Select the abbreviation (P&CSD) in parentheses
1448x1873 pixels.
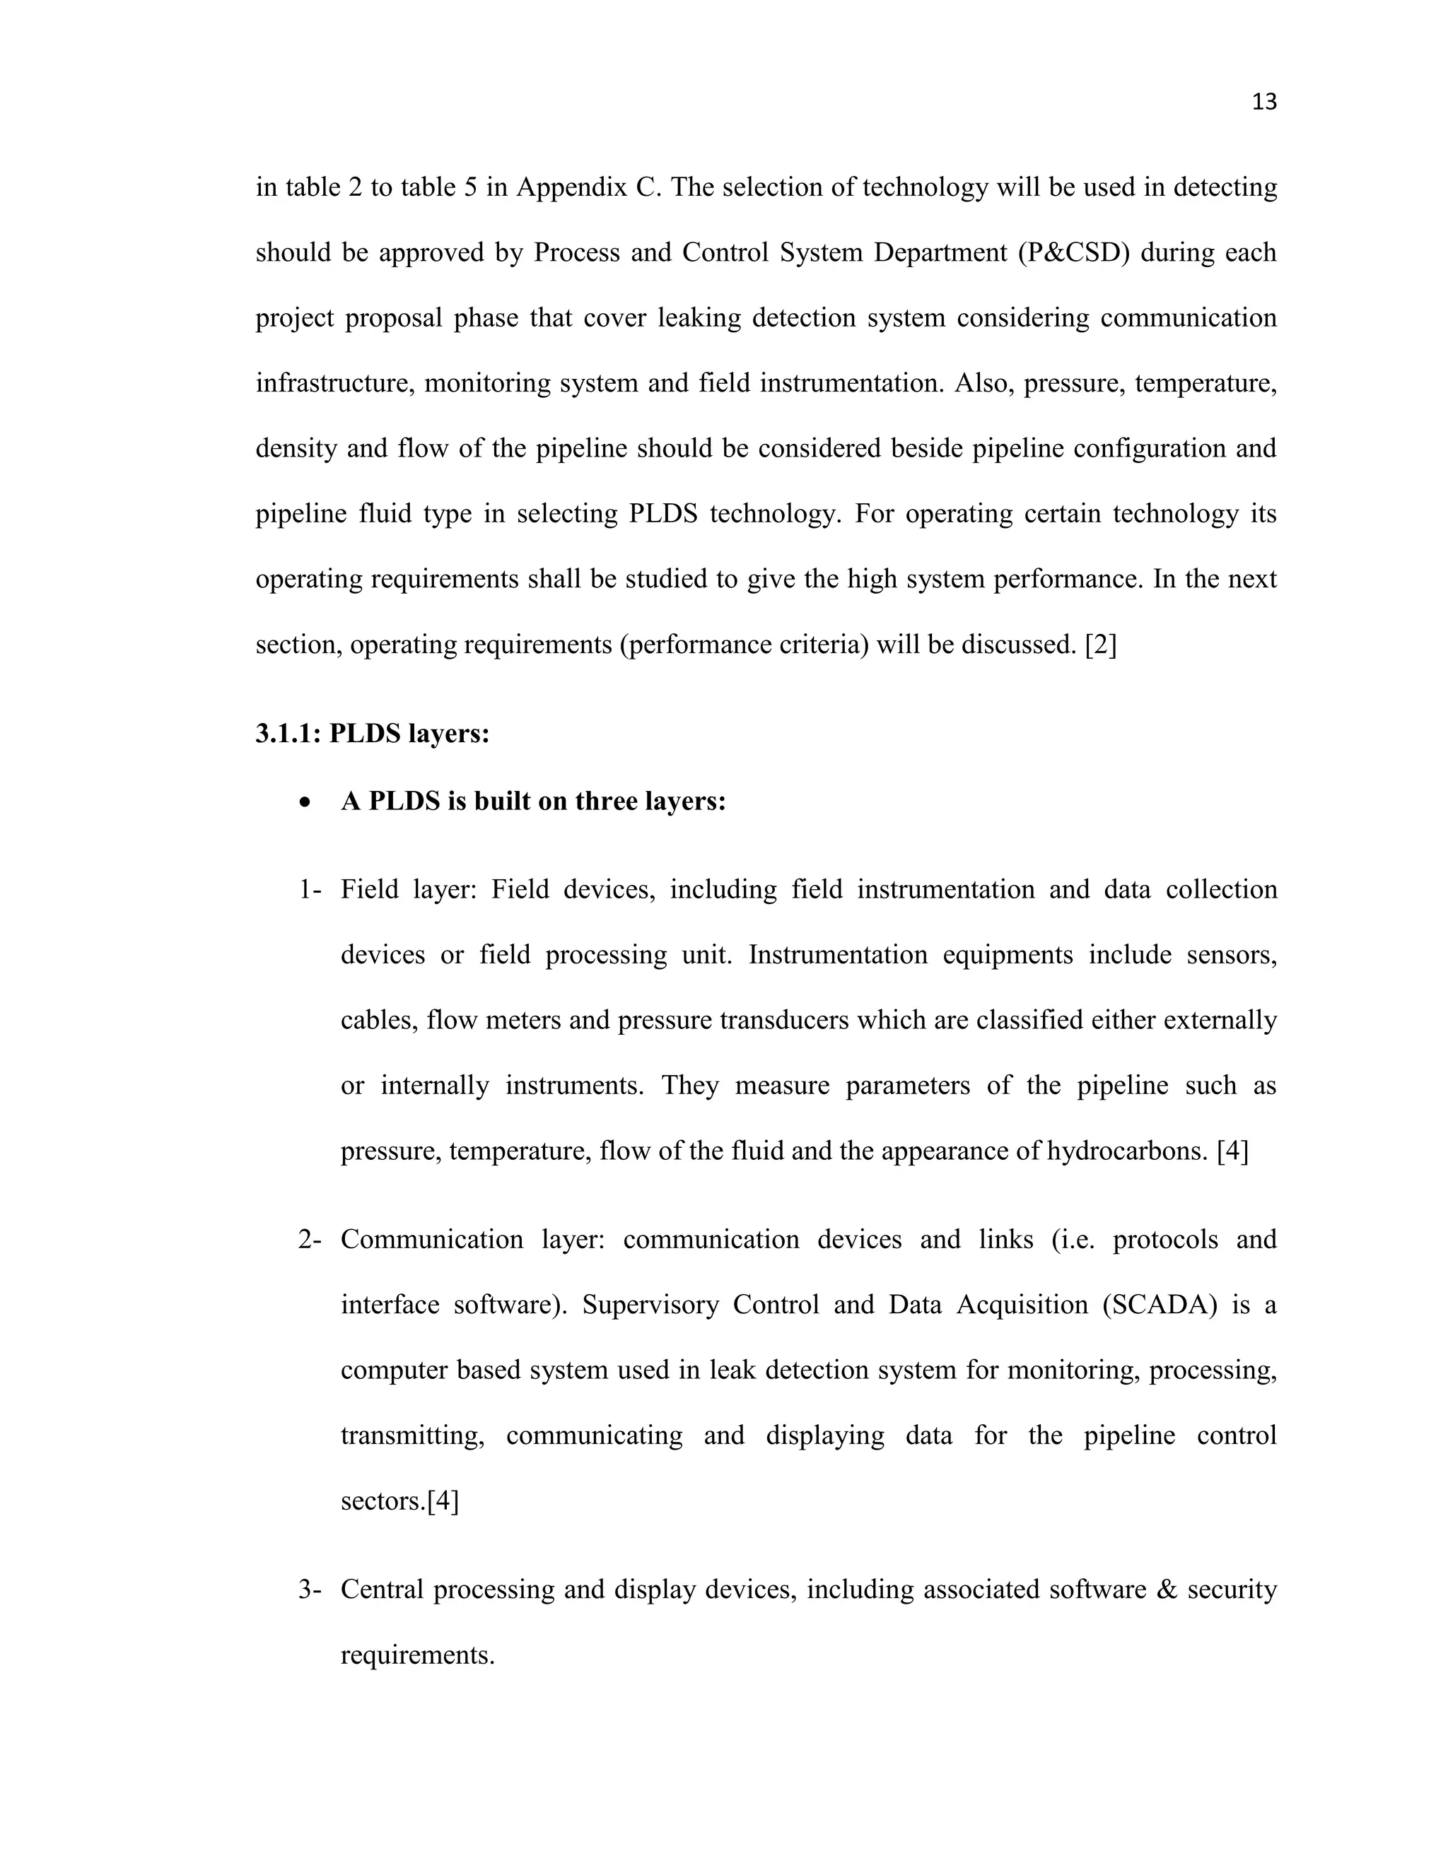click(x=1073, y=253)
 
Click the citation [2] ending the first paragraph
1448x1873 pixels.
click(x=1101, y=645)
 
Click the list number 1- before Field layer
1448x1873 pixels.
click(x=309, y=890)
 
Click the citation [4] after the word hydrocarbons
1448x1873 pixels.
click(x=1232, y=1151)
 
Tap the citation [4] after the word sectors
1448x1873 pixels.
click(x=443, y=1501)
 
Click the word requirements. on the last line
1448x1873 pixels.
click(x=418, y=1655)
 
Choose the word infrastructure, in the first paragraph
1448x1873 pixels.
click(x=335, y=383)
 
